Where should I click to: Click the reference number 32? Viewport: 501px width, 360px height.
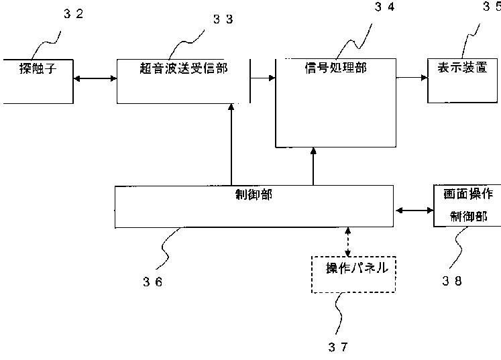click(x=74, y=13)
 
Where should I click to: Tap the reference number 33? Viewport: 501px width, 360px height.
click(x=223, y=19)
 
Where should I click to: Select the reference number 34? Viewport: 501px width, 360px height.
click(x=385, y=7)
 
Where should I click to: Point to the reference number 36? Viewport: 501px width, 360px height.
click(x=153, y=282)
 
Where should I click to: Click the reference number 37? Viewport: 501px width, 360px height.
click(x=338, y=347)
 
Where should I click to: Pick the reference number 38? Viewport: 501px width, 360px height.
click(x=452, y=281)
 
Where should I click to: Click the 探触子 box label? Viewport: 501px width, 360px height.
click(x=38, y=68)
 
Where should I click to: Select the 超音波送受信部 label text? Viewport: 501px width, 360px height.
click(x=183, y=68)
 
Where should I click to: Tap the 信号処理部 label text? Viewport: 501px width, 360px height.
click(x=336, y=68)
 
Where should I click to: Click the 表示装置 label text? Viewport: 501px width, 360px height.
click(x=462, y=68)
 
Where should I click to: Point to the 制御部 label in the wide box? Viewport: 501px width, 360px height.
click(x=254, y=194)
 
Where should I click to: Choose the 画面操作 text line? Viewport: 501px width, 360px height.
click(x=468, y=194)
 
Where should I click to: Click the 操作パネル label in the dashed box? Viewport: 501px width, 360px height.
click(x=357, y=267)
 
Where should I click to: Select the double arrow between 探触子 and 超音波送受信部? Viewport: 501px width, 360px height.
click(x=95, y=78)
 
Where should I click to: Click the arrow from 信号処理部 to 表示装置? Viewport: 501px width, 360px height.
click(x=412, y=77)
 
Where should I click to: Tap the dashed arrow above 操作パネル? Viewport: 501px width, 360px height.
click(x=348, y=242)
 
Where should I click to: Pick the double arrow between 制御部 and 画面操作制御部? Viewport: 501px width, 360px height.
click(x=414, y=211)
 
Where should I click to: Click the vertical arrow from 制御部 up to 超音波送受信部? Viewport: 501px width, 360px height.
click(x=231, y=144)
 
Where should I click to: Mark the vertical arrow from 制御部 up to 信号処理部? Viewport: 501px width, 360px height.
click(x=313, y=166)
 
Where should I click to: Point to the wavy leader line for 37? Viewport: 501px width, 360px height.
click(x=339, y=313)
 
